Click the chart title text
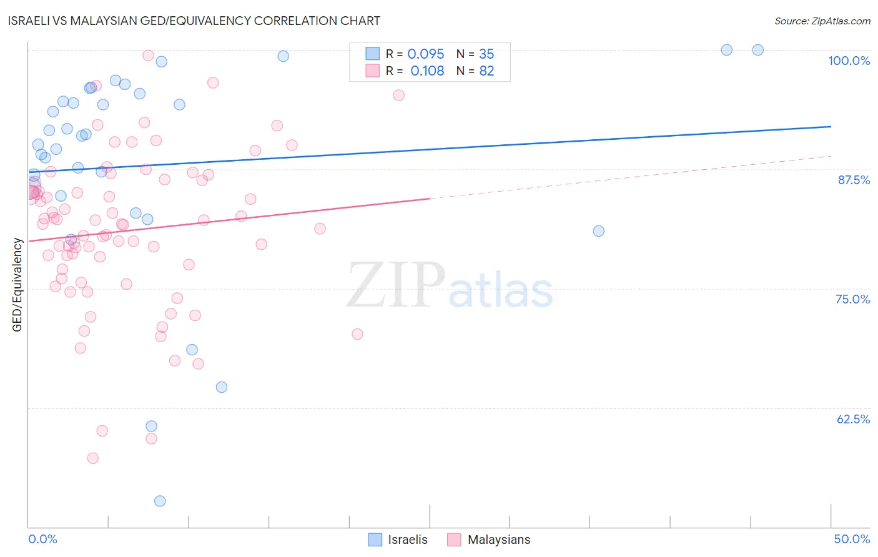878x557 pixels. pos(194,21)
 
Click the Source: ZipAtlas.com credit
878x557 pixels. pos(822,21)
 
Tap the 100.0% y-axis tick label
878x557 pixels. pos(849,61)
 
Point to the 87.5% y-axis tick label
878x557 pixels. pos(853,180)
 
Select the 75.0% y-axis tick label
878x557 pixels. pos(852,299)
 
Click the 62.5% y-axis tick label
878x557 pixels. pos(853,419)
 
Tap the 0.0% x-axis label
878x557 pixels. pos(42,539)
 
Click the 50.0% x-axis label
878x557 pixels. pos(852,539)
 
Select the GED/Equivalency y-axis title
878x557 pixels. pos(17,285)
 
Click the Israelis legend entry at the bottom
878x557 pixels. pos(398,540)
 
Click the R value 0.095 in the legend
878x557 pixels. pos(426,54)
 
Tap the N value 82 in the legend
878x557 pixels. pos(486,71)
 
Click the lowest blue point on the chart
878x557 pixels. pos(160,501)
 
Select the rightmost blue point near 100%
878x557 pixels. pos(757,50)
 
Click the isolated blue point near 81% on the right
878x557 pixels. pos(598,231)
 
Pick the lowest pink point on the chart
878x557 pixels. pos(93,458)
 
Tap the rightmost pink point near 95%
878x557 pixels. pos(399,96)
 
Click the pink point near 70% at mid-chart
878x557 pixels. pos(357,334)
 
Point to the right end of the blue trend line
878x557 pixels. pos(831,126)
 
